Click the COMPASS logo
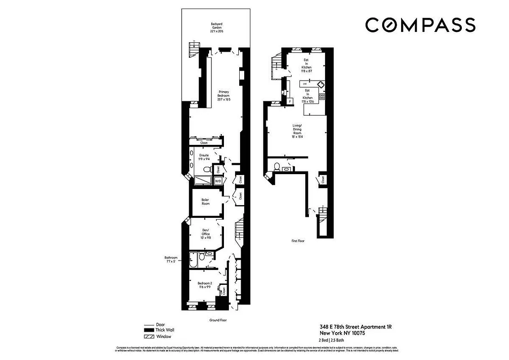pos(420,25)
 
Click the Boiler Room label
pos(205,202)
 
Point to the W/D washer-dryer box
pos(218,181)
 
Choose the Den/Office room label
pos(205,234)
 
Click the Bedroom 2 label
pos(204,285)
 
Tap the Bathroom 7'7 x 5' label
pos(170,260)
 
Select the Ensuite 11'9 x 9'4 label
pos(204,157)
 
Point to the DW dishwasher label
pos(304,84)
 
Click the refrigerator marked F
pos(290,101)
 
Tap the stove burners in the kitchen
pos(321,96)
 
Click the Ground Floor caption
pos(218,320)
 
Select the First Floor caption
pos(298,241)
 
